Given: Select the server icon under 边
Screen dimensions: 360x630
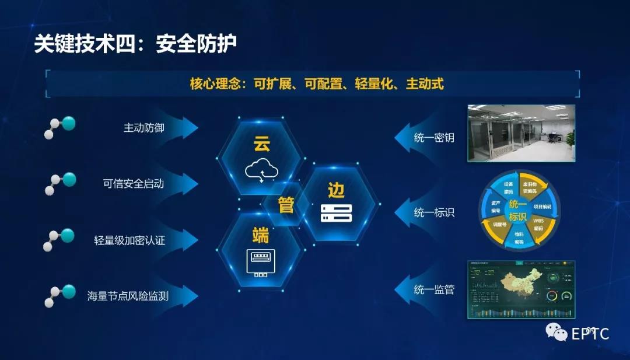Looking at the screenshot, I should click(336, 213).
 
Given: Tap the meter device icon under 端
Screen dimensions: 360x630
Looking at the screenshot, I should click(260, 263).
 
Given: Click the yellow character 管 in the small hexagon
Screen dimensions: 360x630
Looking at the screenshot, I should click(286, 205).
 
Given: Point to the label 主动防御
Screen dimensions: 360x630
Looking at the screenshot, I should click(143, 128).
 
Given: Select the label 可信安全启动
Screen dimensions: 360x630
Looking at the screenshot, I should click(134, 184).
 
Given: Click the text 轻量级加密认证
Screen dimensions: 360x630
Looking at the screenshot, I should click(129, 240).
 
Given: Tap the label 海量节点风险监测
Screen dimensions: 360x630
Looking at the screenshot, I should click(128, 296).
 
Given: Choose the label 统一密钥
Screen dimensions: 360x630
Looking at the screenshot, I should click(434, 138).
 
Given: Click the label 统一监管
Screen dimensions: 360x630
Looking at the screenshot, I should click(434, 289).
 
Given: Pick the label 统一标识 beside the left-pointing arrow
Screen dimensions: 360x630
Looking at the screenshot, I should click(434, 213).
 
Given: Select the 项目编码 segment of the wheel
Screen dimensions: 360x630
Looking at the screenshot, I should click(547, 206).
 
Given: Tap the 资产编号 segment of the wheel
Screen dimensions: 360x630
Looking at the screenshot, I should click(495, 206).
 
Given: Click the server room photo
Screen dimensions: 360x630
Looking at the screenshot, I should click(521, 133).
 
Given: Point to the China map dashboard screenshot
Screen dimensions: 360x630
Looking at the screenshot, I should click(521, 289).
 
